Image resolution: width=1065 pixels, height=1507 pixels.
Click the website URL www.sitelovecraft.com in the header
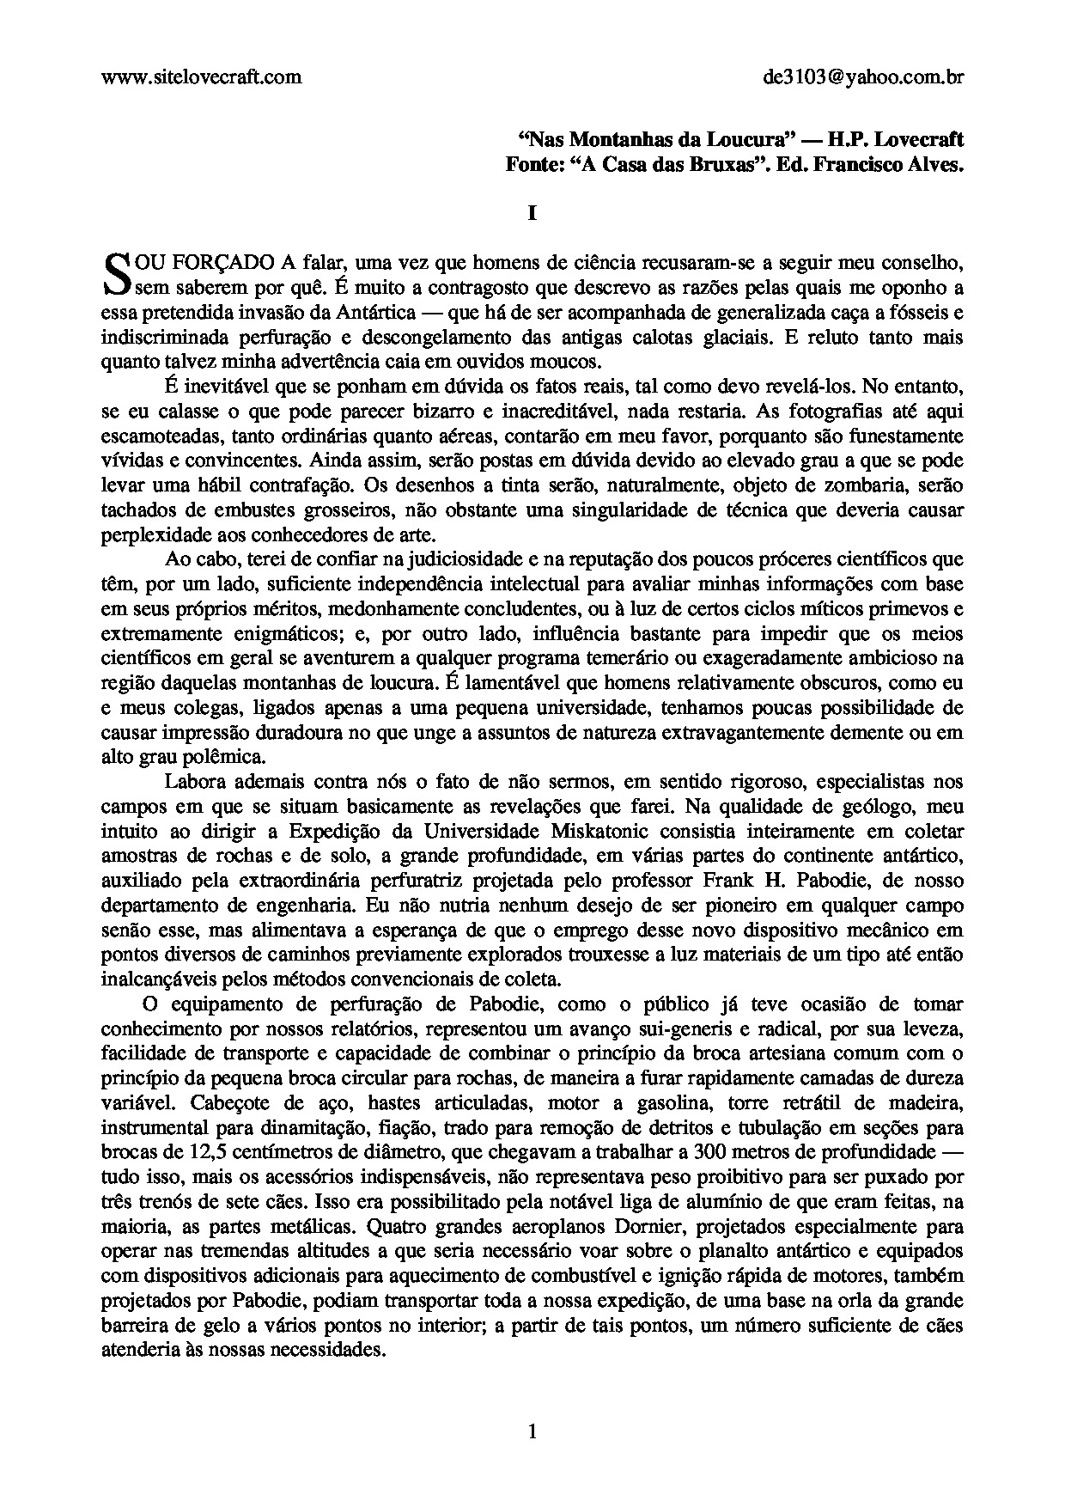(201, 77)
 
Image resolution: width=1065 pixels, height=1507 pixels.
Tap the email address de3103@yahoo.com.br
(862, 77)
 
